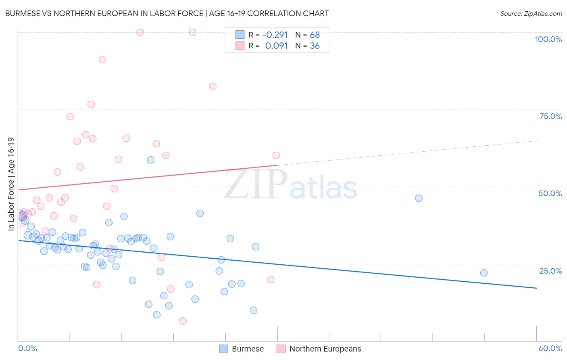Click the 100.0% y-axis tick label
(x=548, y=39)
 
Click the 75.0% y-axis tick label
(x=550, y=116)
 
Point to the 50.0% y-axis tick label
(x=550, y=193)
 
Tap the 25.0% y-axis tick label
(x=550, y=271)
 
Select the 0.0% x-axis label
(x=27, y=348)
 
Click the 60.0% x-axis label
(x=550, y=348)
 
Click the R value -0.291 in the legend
(x=275, y=35)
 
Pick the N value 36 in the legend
(x=315, y=46)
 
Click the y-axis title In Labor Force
(x=11, y=184)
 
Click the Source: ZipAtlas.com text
(x=531, y=13)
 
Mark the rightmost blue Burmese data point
(x=484, y=273)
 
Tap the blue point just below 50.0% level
(x=419, y=198)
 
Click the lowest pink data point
(x=183, y=321)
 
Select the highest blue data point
(x=150, y=160)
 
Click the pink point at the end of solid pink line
(x=276, y=155)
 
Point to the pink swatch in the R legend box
(x=240, y=46)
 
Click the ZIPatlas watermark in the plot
(x=290, y=184)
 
